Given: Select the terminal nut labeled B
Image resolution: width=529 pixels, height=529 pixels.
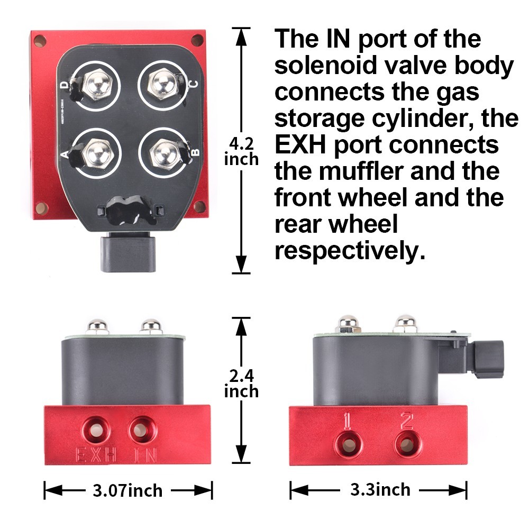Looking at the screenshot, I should coord(161,151).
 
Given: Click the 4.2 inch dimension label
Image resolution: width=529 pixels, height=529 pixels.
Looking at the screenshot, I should coord(241,151).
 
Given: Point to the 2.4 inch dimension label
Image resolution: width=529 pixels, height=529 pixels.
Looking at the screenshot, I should coord(241,384).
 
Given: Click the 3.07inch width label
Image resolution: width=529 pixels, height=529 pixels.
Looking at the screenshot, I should coord(127,490).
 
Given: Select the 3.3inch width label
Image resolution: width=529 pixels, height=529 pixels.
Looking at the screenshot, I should coord(380,489).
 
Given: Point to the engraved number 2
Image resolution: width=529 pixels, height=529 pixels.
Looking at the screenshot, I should coord(406,421).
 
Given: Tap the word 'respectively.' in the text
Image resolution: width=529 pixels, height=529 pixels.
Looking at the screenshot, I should coord(350,250).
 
